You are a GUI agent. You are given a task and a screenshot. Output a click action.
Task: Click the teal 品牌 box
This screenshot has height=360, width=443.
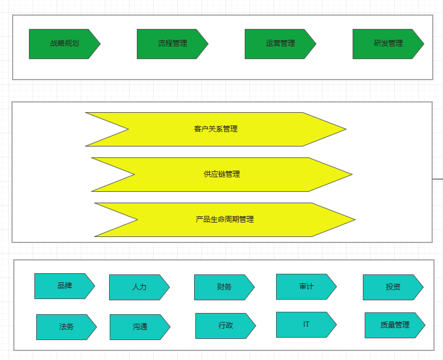64,286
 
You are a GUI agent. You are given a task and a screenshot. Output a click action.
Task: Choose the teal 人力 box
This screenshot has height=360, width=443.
139,287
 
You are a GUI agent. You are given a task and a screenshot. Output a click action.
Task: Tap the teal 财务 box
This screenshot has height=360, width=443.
224,287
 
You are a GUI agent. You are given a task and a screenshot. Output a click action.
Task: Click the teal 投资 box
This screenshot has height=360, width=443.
392,287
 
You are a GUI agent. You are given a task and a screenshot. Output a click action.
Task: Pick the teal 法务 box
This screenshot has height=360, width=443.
66,327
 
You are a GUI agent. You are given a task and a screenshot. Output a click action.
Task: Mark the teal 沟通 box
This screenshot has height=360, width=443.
139,327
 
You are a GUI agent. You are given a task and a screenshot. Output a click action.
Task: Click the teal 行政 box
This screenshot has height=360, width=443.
225,326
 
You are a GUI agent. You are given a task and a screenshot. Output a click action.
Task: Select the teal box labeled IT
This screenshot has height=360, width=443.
306,324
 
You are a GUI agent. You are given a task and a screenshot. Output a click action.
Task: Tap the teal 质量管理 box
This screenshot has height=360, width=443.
394,325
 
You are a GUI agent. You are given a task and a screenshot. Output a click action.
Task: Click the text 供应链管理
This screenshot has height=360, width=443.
222,174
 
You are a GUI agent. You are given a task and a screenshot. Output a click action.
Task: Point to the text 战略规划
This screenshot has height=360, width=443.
64,43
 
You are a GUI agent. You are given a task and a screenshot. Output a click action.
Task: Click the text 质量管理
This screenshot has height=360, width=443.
395,325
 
